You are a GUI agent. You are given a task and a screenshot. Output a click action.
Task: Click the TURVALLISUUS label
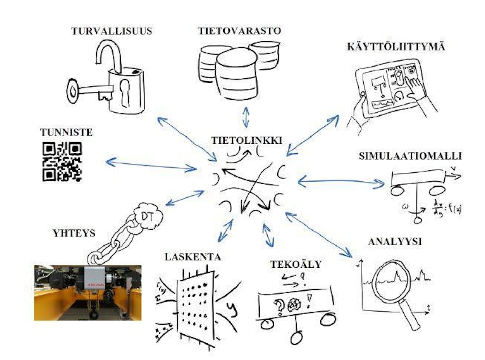pyautogui.click(x=111, y=31)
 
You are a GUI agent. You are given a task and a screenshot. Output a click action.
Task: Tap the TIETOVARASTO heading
pyautogui.click(x=239, y=31)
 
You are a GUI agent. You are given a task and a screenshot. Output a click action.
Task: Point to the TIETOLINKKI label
pyautogui.click(x=247, y=140)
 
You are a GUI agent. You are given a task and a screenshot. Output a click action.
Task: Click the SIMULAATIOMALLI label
pyautogui.click(x=410, y=156)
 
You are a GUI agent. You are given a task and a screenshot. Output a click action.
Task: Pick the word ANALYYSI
pyautogui.click(x=395, y=242)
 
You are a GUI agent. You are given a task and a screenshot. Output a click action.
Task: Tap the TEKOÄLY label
pyautogui.click(x=296, y=264)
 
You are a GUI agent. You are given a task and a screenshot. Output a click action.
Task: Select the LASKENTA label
pyautogui.click(x=193, y=257)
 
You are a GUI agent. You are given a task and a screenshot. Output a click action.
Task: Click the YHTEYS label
pyautogui.click(x=74, y=233)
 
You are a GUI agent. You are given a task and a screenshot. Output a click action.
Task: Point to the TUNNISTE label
pyautogui.click(x=66, y=132)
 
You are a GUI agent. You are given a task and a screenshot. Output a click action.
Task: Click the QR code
pyautogui.click(x=62, y=161)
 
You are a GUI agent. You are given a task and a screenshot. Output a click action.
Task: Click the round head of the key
pyautogui.click(x=74, y=91)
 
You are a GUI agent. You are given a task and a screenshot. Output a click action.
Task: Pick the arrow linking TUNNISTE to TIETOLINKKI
pyautogui.click(x=151, y=165)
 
